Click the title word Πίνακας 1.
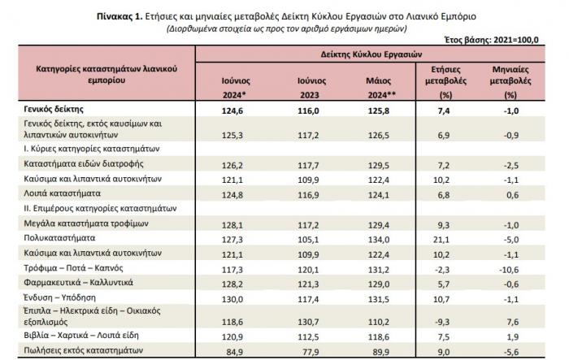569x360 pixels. click(119, 16)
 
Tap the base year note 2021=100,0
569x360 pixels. click(515, 40)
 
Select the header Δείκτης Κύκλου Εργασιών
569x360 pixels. click(371, 54)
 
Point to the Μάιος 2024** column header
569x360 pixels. click(380, 88)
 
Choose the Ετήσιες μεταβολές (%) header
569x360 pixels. click(445, 82)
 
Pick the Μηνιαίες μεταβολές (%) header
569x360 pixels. click(510, 82)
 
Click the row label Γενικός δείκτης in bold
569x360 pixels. click(54, 109)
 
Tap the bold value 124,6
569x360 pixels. click(232, 111)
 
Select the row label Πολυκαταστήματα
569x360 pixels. click(59, 238)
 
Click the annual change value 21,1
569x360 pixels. click(441, 240)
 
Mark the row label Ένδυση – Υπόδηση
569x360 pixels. click(60, 297)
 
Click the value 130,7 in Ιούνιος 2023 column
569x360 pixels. click(308, 322)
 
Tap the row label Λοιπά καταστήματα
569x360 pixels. click(62, 193)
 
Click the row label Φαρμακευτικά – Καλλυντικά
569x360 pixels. click(78, 282)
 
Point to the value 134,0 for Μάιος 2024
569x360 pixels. click(379, 240)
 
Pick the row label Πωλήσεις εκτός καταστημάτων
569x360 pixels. click(84, 350)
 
